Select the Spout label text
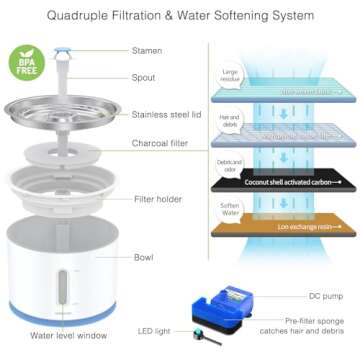(x=144, y=76)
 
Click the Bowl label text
(x=145, y=257)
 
